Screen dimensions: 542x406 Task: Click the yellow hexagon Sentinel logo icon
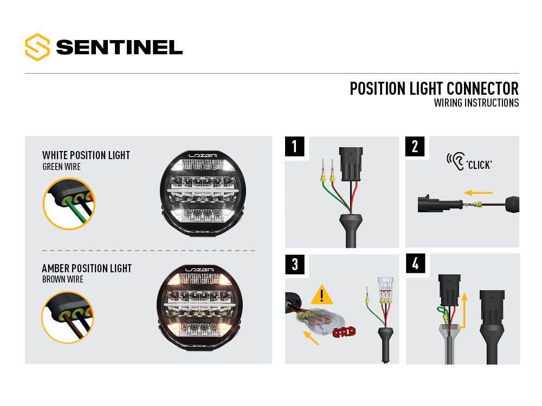37,47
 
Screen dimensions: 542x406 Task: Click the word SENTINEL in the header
119,47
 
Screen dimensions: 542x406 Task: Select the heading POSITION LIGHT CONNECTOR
434,88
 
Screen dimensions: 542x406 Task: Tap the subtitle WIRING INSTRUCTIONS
476,103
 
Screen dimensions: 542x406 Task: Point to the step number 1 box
294,146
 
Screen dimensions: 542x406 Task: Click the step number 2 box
415,146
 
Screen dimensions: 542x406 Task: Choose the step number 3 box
294,265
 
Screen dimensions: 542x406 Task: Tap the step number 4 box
415,264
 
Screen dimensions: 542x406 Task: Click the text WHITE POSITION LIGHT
86,155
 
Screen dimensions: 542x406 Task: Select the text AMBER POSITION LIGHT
87,269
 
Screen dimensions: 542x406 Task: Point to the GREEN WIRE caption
62,167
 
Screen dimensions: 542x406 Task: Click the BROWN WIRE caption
63,279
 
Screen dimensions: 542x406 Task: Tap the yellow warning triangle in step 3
322,295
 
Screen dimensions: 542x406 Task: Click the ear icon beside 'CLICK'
456,161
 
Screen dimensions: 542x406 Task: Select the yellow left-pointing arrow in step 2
478,193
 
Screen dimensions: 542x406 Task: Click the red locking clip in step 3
344,332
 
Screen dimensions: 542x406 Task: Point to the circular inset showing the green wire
69,204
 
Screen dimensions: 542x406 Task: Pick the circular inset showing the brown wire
68,318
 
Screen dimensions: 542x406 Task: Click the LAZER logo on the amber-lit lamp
199,270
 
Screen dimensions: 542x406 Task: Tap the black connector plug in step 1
351,164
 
